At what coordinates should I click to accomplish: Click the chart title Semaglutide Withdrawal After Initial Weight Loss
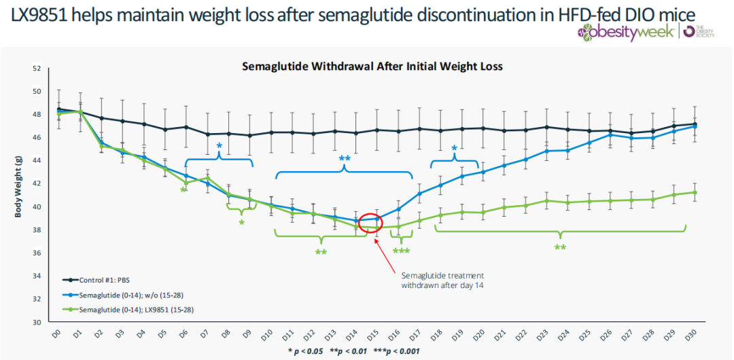[372, 67]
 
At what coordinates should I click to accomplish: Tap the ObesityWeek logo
[625, 32]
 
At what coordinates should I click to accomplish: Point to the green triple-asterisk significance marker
[401, 251]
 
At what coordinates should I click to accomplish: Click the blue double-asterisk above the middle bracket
[345, 159]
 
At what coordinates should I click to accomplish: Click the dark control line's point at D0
[59, 109]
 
